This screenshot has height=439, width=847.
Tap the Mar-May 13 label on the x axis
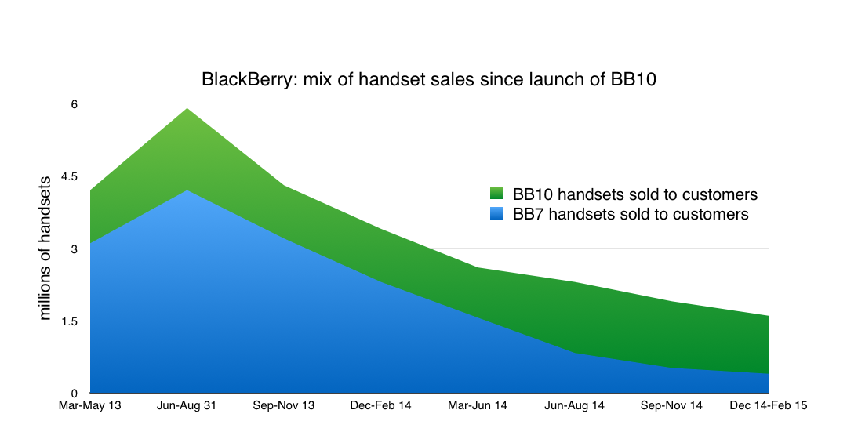pyautogui.click(x=91, y=406)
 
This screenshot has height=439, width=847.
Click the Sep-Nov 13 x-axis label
pyautogui.click(x=285, y=406)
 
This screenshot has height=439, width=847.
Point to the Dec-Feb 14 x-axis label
pyautogui.click(x=381, y=406)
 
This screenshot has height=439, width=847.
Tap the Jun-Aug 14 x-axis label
pyautogui.click(x=575, y=406)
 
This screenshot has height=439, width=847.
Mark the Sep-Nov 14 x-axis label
pyautogui.click(x=672, y=406)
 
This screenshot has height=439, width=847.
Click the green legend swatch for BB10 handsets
pyautogui.click(x=496, y=194)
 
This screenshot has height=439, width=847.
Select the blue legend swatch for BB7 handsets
pyautogui.click(x=496, y=213)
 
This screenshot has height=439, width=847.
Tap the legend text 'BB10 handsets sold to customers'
pyautogui.click(x=635, y=194)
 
